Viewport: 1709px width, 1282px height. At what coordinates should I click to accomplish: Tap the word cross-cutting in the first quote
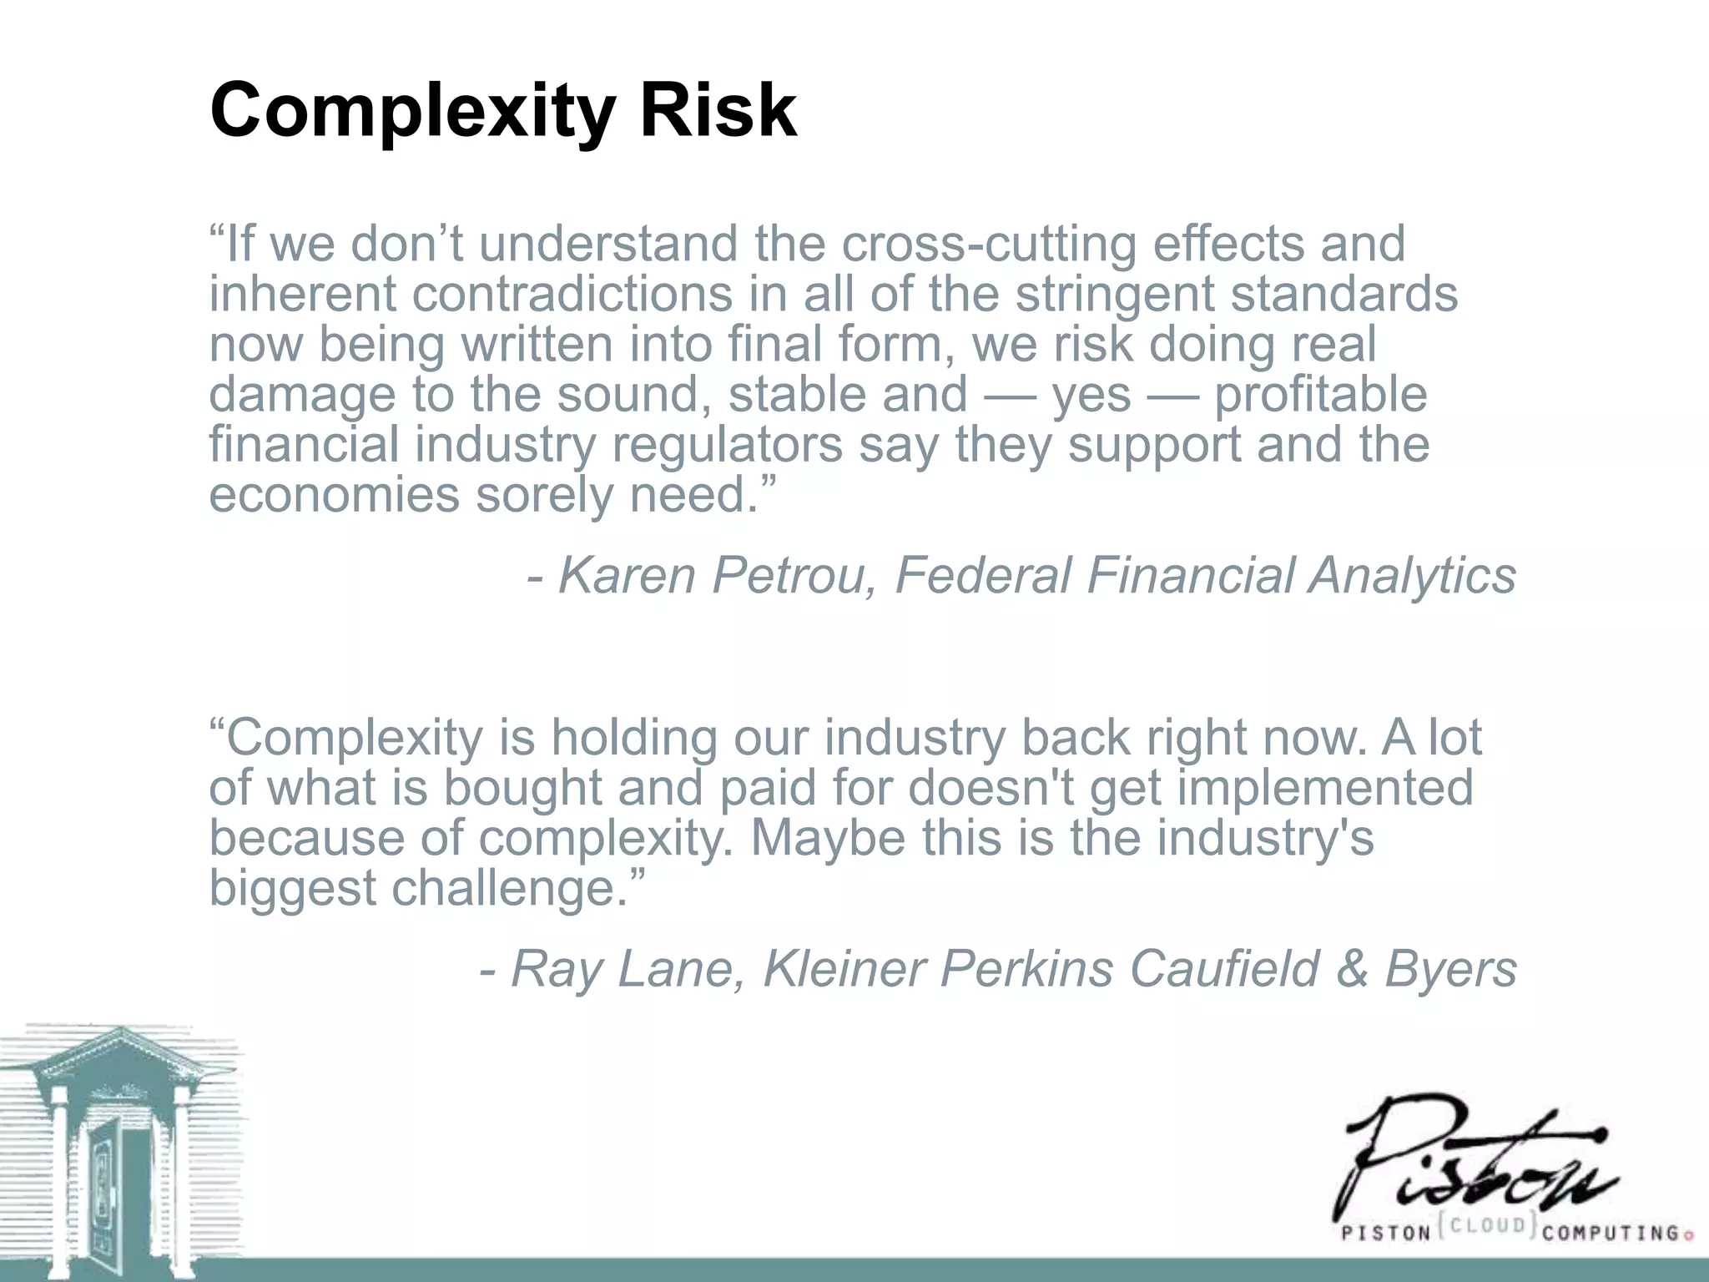pyautogui.click(x=989, y=245)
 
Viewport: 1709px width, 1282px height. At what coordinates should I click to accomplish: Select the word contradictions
pyautogui.click(x=572, y=295)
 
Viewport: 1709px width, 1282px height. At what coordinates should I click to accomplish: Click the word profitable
pyautogui.click(x=1320, y=394)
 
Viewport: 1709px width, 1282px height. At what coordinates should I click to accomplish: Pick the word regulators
pyautogui.click(x=727, y=444)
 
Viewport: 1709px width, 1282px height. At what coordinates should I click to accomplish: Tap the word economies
pyautogui.click(x=334, y=494)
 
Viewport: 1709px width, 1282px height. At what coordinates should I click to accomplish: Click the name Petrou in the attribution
pyautogui.click(x=789, y=576)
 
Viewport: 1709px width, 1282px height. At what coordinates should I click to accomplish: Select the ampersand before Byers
pyautogui.click(x=1352, y=969)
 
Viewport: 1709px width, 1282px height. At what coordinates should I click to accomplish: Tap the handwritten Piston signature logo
pyautogui.click(x=1469, y=1160)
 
